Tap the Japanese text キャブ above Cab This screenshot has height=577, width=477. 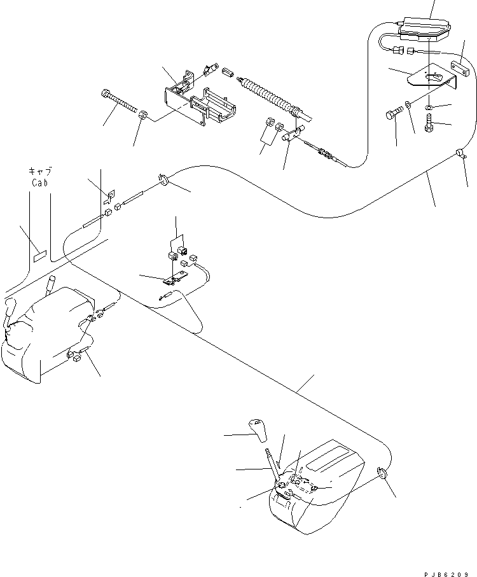click(41, 171)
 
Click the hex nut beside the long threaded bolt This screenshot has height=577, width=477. click(144, 116)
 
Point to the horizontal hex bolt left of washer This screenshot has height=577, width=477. click(393, 115)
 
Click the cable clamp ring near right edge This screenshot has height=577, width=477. click(459, 151)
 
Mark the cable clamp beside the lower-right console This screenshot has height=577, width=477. click(382, 473)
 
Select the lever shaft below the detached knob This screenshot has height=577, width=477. click(272, 465)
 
